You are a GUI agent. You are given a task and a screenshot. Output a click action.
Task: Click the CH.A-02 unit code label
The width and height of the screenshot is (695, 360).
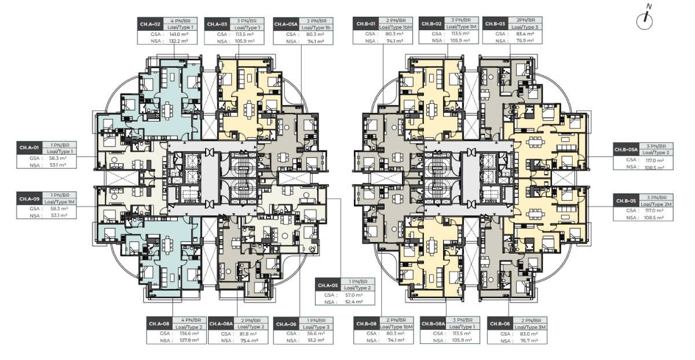[x=148, y=24]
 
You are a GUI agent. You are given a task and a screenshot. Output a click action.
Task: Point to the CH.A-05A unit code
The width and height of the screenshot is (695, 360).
[x=285, y=24]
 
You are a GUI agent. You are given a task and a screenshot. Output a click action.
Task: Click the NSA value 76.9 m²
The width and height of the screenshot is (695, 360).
[x=525, y=41]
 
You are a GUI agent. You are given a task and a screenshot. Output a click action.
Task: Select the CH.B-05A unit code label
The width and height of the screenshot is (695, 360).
[x=626, y=150]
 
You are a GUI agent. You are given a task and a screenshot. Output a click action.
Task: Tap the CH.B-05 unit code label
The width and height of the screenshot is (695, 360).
[x=626, y=200]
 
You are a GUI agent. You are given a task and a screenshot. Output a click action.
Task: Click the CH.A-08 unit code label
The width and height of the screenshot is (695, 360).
[x=159, y=323]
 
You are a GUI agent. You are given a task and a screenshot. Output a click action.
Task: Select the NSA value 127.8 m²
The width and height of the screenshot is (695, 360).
[x=190, y=341]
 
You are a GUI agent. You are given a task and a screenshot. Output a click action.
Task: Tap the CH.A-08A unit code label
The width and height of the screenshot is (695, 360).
[x=221, y=323]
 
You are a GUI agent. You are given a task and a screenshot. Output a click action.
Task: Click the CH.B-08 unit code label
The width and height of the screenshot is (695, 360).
[x=364, y=323]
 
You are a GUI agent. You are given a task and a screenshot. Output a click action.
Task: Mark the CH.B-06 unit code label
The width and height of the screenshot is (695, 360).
[x=499, y=323]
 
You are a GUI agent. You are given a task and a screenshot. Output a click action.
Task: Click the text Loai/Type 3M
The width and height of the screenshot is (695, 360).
[x=531, y=327]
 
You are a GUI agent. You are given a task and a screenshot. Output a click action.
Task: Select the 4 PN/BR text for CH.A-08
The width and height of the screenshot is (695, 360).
[x=189, y=319]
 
